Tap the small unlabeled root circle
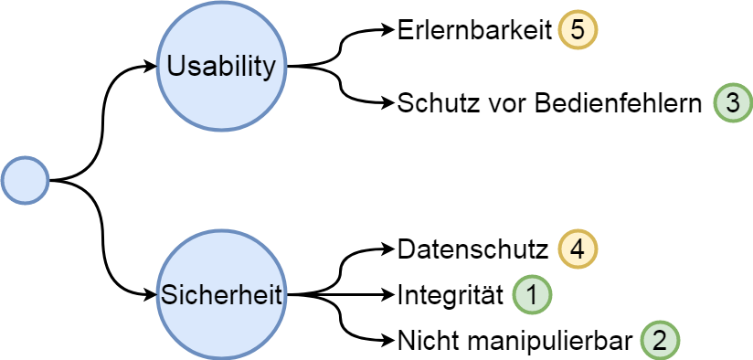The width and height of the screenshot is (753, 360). [x=25, y=180]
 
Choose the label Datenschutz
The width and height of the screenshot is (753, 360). [x=472, y=248]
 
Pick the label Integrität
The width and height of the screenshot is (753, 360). [x=451, y=294]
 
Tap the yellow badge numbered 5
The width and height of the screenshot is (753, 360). [x=577, y=30]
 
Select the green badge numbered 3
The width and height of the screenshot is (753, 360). [x=732, y=101]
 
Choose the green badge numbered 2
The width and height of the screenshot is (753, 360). [x=659, y=341]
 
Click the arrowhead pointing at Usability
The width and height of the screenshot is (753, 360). [x=152, y=66]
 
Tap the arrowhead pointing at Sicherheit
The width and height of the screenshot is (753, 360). [x=152, y=294]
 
